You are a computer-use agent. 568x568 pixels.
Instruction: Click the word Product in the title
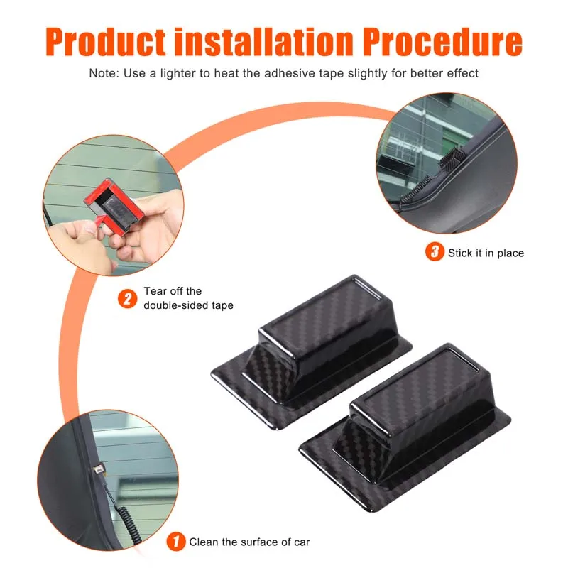[106, 42]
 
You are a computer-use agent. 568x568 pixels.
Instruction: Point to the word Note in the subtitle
[104, 73]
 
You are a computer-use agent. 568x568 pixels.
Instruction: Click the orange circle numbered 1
[176, 542]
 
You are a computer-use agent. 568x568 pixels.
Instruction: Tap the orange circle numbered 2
[128, 299]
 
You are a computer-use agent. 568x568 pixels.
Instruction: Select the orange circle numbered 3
[435, 252]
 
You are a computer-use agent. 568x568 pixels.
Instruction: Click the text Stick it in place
[486, 253]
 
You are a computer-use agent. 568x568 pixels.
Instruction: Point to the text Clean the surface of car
[249, 542]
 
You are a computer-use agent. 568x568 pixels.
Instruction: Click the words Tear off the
[173, 291]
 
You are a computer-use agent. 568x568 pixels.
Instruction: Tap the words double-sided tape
[188, 305]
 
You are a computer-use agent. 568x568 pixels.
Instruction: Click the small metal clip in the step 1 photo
[98, 469]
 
